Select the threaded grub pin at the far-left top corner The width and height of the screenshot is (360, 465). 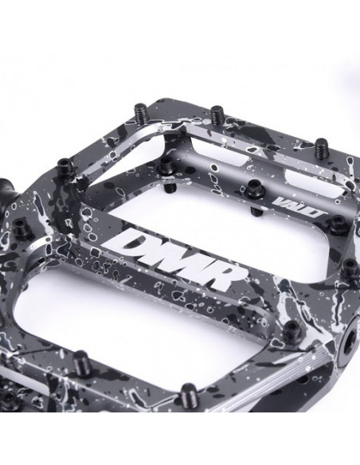click(140, 111)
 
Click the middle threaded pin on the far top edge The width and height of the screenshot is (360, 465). click(218, 114)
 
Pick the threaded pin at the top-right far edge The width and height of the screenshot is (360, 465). click(323, 147)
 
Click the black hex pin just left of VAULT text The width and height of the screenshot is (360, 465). click(253, 186)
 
